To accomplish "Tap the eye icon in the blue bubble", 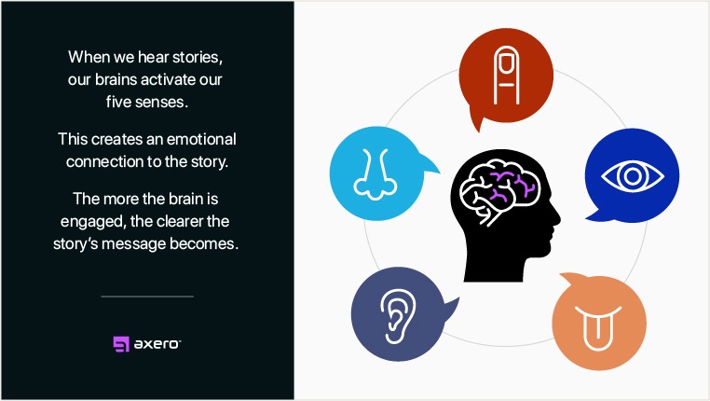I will coord(623,175).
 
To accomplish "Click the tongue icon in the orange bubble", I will coord(594,322).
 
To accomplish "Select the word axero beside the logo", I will coord(157,343).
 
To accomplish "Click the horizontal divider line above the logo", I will coord(147,297).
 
